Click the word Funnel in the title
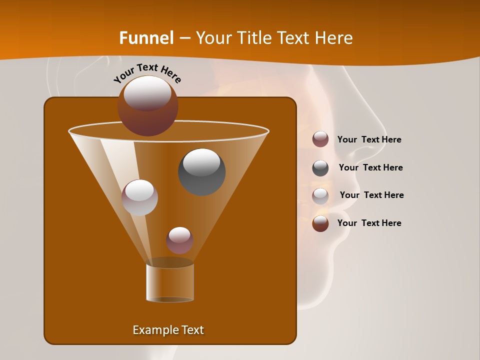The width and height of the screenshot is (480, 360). [x=146, y=37]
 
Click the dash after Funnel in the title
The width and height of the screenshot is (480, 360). [x=184, y=38]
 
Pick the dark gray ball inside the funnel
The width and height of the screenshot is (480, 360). [x=201, y=171]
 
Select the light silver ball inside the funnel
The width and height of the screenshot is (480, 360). [x=139, y=197]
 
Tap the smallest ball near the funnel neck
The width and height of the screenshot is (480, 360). [x=179, y=240]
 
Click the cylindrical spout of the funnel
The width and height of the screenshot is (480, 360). [x=170, y=282]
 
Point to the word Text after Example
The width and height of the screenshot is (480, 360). [x=191, y=330]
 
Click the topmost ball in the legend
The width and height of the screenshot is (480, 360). [x=320, y=139]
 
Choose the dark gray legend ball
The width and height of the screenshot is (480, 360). [x=320, y=168]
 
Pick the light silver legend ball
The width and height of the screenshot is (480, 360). [x=320, y=196]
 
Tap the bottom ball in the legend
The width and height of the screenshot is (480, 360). [x=320, y=223]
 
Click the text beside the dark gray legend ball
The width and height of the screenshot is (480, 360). [x=370, y=167]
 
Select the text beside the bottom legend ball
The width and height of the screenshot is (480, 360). [x=369, y=223]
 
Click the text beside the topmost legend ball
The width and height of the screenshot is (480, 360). [x=369, y=139]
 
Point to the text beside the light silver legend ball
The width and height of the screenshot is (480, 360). [x=371, y=195]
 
